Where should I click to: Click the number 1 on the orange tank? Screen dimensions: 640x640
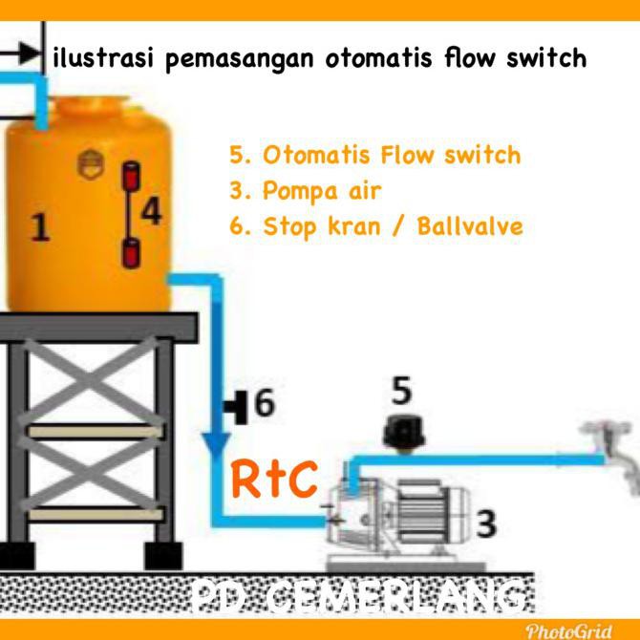pos(40,227)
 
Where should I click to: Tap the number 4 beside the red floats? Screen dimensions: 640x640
pos(152,211)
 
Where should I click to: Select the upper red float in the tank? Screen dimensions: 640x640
pos(132,175)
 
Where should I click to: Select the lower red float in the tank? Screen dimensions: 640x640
pos(132,254)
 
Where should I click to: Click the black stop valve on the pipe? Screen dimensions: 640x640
pos(237,407)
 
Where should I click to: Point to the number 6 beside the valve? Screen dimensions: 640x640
pos(265,402)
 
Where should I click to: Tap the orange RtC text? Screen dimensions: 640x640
pos(274,479)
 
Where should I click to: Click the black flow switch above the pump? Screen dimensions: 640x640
pos(404,434)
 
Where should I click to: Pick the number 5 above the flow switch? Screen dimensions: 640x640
pos(401,391)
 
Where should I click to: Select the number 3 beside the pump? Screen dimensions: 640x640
pos(485,523)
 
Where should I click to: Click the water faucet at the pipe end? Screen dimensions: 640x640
pos(611,452)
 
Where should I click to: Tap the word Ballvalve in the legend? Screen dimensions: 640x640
pos(470,226)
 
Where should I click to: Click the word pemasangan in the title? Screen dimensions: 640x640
pos(240,59)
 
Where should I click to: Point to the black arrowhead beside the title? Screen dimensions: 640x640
pos(30,53)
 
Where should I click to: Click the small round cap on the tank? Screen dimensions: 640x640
pos(91,164)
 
